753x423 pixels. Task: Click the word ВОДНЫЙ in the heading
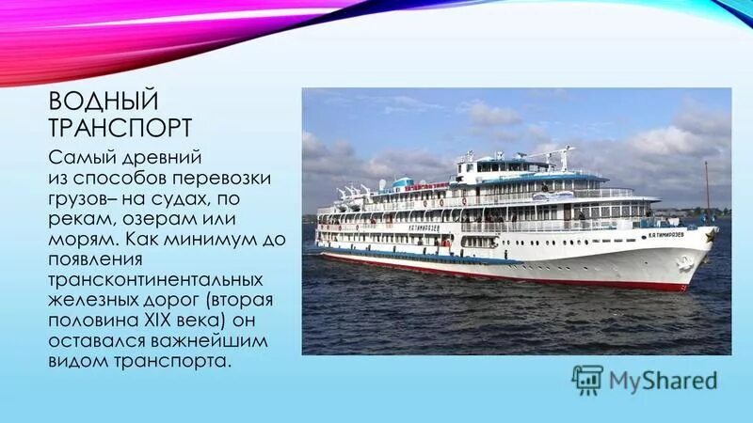pos(104,101)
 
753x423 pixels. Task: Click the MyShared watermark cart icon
pos(587,379)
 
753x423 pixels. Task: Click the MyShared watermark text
pos(663,380)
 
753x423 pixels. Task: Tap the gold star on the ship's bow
pos(711,236)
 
